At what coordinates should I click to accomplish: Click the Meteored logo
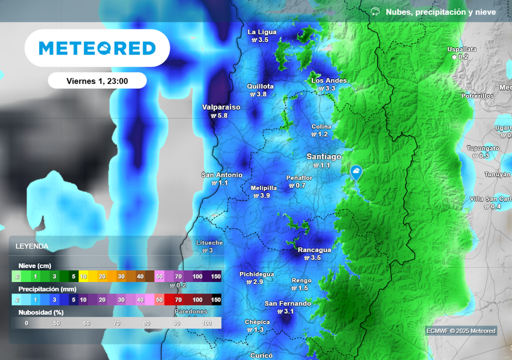pyautogui.click(x=97, y=48)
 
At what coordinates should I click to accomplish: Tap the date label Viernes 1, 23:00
pyautogui.click(x=97, y=81)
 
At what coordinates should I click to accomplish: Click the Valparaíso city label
pyautogui.click(x=221, y=107)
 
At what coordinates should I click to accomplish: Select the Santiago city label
pyautogui.click(x=324, y=157)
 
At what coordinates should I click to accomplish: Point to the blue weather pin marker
pyautogui.click(x=356, y=173)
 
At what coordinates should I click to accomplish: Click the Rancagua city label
pyautogui.click(x=314, y=250)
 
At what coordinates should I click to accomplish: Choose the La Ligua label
pyautogui.click(x=262, y=32)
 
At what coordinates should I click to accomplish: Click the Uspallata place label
pyautogui.click(x=461, y=49)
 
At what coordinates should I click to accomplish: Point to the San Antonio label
pyautogui.click(x=222, y=175)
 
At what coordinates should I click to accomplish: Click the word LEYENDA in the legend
pyautogui.click(x=32, y=246)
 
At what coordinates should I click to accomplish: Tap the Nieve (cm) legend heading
pyautogui.click(x=35, y=265)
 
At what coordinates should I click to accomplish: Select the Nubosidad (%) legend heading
pyautogui.click(x=41, y=312)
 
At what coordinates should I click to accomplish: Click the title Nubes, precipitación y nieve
pyautogui.click(x=440, y=12)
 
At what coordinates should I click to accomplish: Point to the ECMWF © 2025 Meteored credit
pyautogui.click(x=460, y=331)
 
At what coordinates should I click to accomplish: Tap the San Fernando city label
pyautogui.click(x=287, y=303)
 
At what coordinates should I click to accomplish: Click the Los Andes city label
pyautogui.click(x=328, y=80)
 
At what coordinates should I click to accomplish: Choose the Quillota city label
pyautogui.click(x=260, y=86)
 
